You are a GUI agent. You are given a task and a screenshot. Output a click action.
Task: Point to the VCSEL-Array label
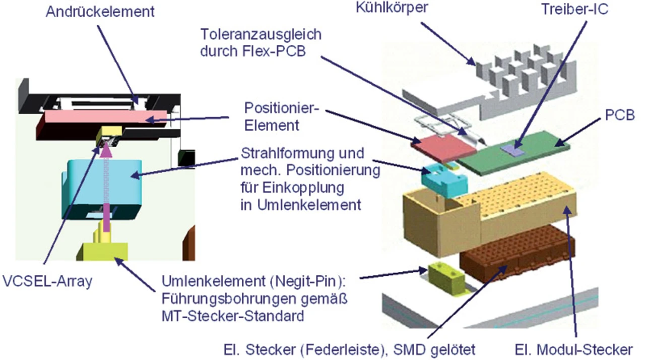(46, 281)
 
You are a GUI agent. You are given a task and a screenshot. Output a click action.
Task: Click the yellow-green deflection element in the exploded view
(443, 275)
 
